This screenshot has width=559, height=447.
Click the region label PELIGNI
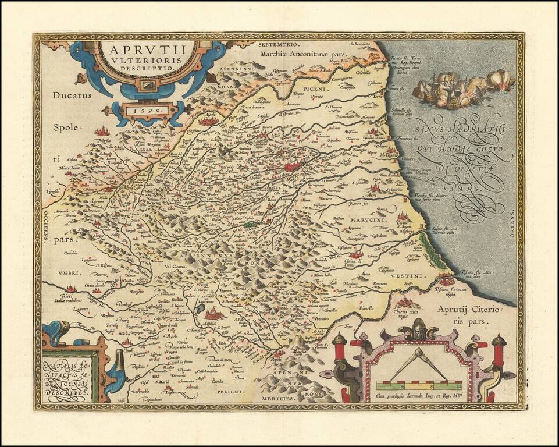click(231, 392)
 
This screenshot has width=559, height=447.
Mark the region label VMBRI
click(55, 272)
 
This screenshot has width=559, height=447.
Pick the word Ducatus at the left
click(71, 95)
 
